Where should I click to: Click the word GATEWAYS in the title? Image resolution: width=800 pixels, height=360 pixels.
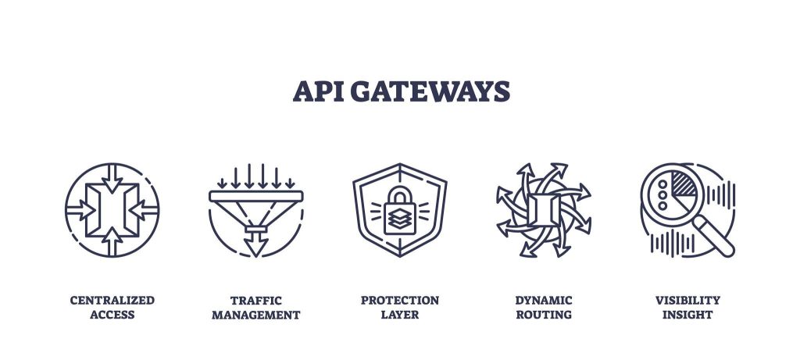[430, 92]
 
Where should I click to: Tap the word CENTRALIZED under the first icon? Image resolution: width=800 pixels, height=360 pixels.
[112, 301]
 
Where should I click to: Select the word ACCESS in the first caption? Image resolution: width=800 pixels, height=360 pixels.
[112, 315]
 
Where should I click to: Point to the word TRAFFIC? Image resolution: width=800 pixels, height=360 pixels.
[255, 301]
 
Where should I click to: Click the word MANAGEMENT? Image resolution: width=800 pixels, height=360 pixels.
[255, 315]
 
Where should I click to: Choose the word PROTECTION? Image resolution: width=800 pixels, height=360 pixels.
[400, 301]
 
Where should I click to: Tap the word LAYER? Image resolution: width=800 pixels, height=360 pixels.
[400, 315]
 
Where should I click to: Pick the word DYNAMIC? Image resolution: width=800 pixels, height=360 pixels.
[544, 301]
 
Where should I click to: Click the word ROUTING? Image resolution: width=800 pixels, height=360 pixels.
[544, 315]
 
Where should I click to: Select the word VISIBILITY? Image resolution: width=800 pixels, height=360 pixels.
[687, 301]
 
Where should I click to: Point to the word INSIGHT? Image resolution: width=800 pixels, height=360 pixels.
[687, 315]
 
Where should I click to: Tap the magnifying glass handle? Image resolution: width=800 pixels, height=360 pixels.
[715, 236]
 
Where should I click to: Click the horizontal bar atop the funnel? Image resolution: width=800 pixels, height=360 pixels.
[255, 196]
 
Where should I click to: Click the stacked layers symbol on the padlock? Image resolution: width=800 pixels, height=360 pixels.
[400, 219]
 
